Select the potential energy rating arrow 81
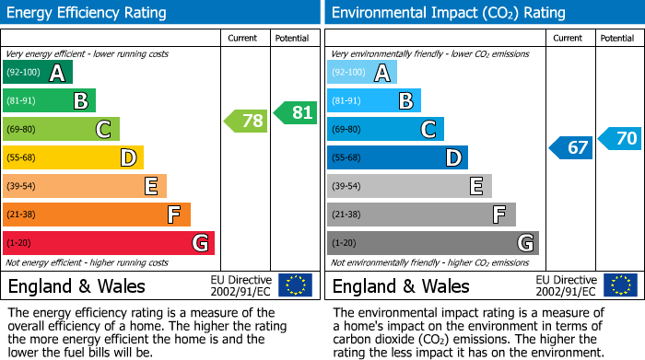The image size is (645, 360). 296,112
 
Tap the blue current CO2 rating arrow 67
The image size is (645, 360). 571,147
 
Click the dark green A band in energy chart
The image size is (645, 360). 38,73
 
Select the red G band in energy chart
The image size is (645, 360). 109,243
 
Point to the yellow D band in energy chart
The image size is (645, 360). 74,158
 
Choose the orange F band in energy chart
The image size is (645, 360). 97,215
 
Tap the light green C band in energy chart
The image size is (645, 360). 62,130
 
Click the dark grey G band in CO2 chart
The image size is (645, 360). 433,243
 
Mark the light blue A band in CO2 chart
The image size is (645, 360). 362,73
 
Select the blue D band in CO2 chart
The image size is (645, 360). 397,158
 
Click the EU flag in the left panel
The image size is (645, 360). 295,285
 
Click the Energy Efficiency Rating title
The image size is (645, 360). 88,13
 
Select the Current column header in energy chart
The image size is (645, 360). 244,38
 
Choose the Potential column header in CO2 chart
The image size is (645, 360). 616,38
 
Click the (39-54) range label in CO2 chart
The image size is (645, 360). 347,187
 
